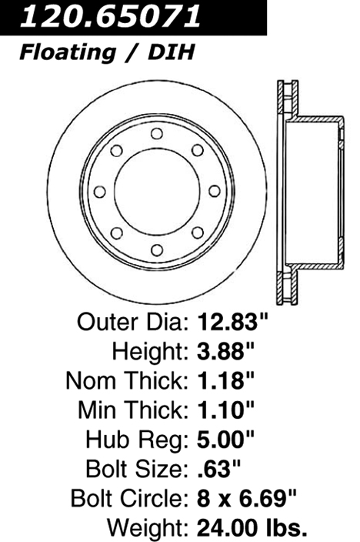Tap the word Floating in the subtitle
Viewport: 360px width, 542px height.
(68, 53)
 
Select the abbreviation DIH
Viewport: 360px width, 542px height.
(172, 52)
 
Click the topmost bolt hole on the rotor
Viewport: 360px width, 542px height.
(157, 133)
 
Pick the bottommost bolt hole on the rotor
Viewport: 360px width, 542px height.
(157, 250)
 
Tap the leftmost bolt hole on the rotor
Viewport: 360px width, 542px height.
(99, 192)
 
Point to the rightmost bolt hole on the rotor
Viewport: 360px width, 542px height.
(215, 191)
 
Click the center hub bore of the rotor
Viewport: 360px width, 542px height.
(157, 192)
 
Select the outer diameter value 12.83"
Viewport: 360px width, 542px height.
(232, 322)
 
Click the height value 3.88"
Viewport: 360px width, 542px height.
(225, 351)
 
